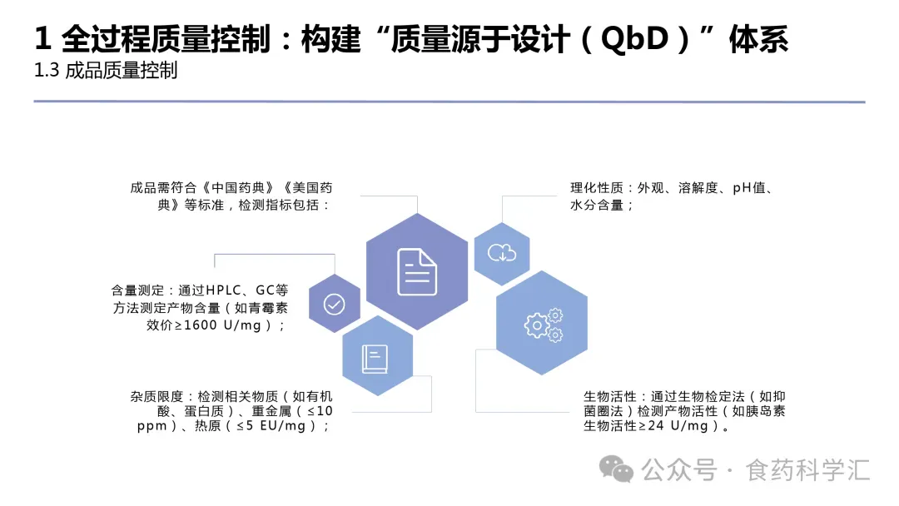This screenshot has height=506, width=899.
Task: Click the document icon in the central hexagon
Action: tap(417, 271)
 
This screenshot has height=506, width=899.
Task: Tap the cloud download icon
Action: tap(502, 253)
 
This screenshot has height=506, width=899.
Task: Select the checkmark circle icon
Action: tap(334, 304)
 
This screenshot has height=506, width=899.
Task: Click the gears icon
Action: tap(543, 324)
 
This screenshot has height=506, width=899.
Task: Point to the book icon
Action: tap(375, 358)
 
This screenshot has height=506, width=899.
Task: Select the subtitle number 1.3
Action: tap(47, 71)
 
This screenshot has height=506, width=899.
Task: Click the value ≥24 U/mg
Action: tap(673, 426)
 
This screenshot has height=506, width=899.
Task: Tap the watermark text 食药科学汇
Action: tap(808, 469)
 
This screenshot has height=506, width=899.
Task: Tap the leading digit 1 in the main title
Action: tap(43, 39)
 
